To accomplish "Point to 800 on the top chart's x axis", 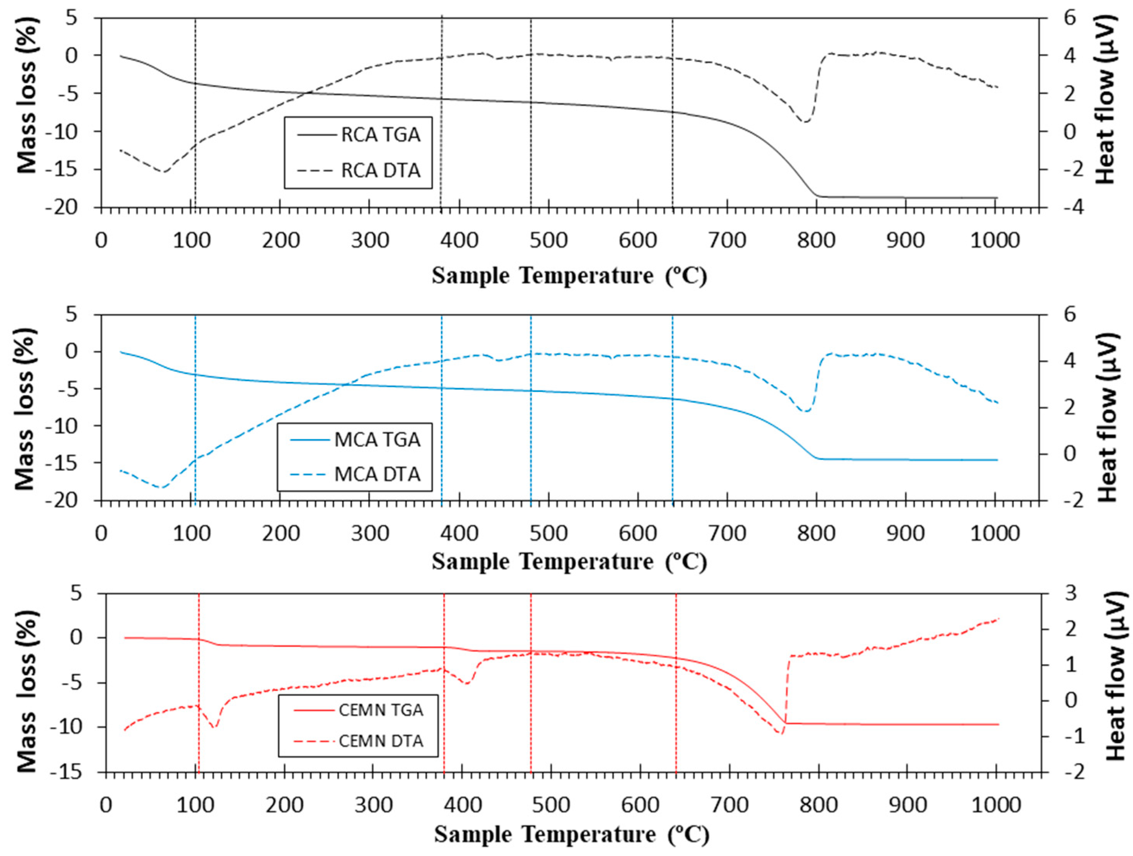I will pyautogui.click(x=816, y=240).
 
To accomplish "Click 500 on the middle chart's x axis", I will pyautogui.click(x=548, y=533).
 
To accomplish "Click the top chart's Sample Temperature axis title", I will pyautogui.click(x=569, y=276).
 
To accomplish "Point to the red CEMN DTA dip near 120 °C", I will pyautogui.click(x=215, y=726).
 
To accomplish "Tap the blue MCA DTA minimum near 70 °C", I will pyautogui.click(x=162, y=486).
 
